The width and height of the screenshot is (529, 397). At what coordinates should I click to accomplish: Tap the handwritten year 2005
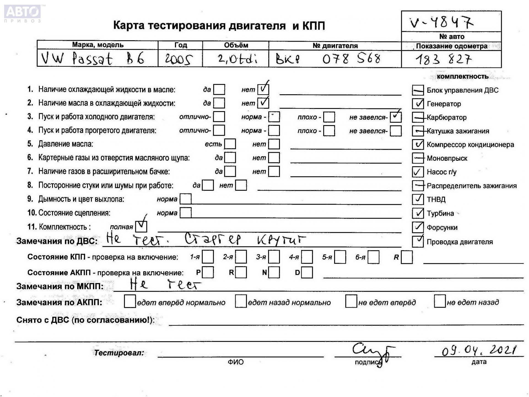coord(179,59)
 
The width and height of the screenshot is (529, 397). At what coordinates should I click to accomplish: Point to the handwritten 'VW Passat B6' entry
coord(92,58)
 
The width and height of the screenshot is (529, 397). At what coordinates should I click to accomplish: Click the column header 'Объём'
coord(236,45)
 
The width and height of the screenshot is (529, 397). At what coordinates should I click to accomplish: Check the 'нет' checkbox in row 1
coord(263,89)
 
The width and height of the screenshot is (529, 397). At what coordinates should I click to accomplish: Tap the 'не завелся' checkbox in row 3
coord(396,117)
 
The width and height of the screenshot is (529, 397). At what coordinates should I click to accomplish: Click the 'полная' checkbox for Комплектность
coord(141,226)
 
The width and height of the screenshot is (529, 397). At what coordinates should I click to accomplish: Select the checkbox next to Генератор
coord(418,104)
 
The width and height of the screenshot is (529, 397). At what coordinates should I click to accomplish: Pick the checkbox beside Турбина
coord(418,213)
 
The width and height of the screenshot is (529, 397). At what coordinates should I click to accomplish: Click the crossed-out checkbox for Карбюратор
coord(418,117)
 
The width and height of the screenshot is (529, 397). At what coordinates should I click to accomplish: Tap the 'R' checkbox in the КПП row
coord(407,257)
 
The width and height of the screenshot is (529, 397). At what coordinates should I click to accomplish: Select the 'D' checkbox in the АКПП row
coord(307,272)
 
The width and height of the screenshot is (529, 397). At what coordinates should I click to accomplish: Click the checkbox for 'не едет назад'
coord(439,301)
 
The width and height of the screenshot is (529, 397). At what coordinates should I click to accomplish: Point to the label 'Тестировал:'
coord(119,353)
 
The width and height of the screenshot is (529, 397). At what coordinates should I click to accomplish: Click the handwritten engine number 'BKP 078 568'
coord(328,59)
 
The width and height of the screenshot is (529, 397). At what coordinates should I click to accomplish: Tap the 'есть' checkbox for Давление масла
coord(230,144)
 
